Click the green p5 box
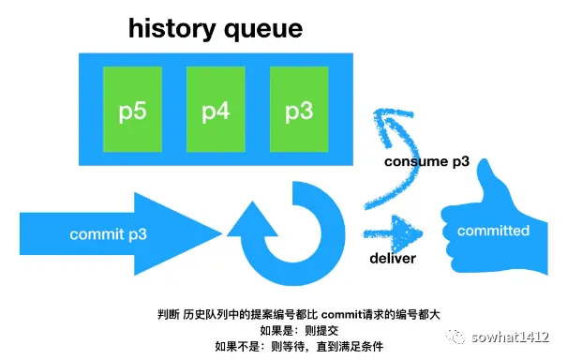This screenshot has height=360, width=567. pos(132,109)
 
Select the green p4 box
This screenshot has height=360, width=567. pos(216,109)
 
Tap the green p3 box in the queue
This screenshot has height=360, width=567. pos(299,109)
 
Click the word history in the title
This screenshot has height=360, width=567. pos(172,28)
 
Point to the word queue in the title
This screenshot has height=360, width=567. pos(263,30)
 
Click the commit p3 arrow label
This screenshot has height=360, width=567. pos(108,234)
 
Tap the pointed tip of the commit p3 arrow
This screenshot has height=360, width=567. pos(222,233)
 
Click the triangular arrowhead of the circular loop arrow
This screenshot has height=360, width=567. pos(252,219)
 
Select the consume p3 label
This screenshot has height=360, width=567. pos(426,161)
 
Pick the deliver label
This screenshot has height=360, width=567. pos(393,259)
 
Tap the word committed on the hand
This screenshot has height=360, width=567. pos(493,231)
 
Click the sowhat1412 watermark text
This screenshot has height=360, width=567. pos(510,337)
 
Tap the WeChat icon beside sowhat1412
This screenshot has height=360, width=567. pos(455,337)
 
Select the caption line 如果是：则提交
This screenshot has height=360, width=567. pos(299,330)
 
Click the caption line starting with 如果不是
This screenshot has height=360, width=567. pos(299,346)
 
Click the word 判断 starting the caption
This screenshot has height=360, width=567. pos(169,314)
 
